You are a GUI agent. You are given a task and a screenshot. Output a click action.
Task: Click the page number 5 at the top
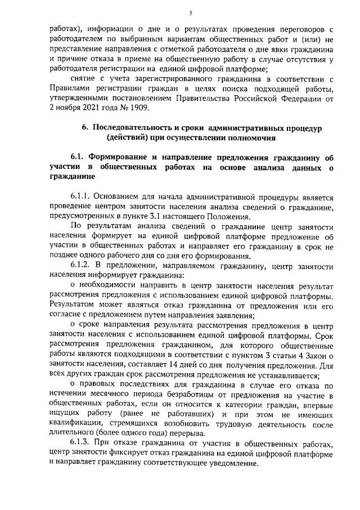pyautogui.click(x=191, y=13)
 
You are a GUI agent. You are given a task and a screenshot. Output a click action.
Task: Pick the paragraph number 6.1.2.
pyautogui.click(x=80, y=265)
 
